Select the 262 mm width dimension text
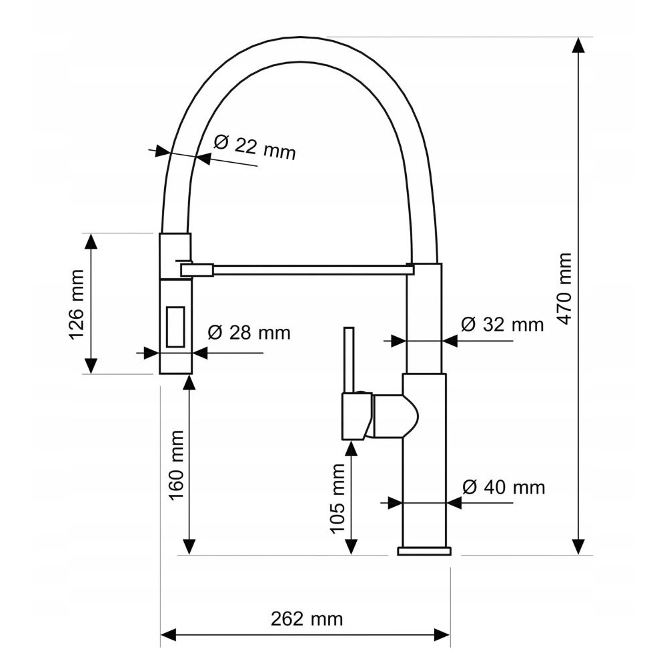click(307, 618)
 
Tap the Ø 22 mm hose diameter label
click(254, 147)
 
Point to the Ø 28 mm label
click(249, 332)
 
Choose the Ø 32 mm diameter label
click(502, 325)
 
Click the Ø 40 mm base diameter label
click(504, 487)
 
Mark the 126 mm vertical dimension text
click(77, 305)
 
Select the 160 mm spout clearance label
click(176, 465)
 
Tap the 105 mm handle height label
click(338, 498)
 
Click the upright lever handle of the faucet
click(349, 360)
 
